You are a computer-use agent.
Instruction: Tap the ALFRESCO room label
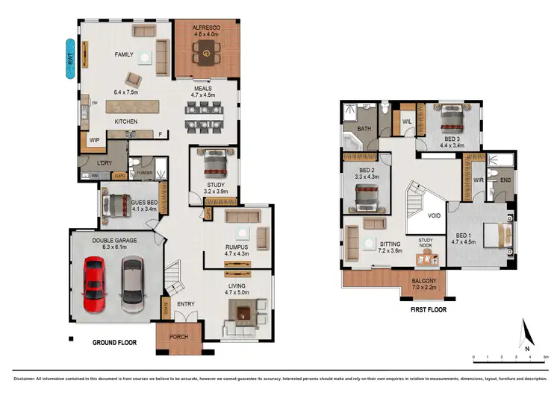coord(203,28)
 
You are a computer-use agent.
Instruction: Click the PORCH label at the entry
coord(177,336)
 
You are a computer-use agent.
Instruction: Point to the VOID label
coord(434,216)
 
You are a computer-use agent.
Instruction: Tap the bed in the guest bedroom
coord(117,205)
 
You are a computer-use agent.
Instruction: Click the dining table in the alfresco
coord(203,52)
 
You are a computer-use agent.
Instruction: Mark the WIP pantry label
coord(95,139)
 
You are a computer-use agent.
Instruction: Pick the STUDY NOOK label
coord(426,243)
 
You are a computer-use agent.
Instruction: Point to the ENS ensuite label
coord(505,180)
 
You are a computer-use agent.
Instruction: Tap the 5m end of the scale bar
coord(546,356)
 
